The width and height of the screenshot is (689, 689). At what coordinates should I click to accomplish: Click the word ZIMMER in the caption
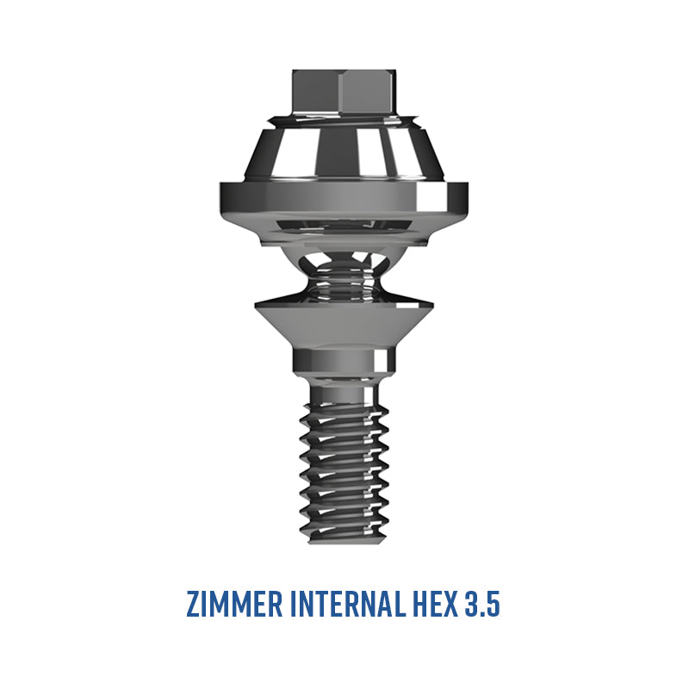point(234,605)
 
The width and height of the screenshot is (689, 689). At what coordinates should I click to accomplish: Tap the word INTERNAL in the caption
point(348,605)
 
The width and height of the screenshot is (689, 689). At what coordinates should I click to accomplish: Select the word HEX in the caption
point(435,605)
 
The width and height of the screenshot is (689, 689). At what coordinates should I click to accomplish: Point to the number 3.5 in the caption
point(482,605)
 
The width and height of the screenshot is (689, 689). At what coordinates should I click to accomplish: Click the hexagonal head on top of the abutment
point(344,91)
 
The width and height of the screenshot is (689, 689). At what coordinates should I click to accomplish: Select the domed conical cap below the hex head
point(344,152)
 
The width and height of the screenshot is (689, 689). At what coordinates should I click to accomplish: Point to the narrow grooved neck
point(344,279)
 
